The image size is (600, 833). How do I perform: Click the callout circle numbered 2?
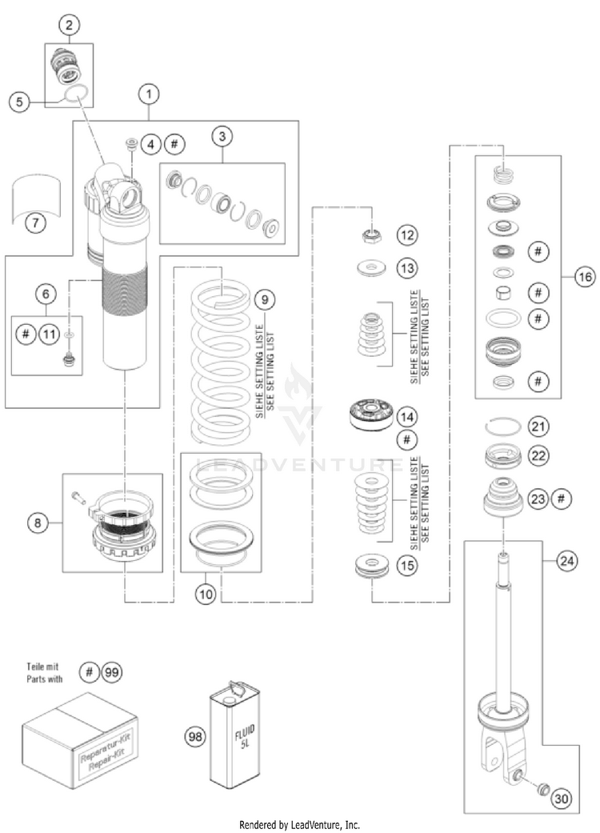69,25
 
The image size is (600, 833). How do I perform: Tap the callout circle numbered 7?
36,222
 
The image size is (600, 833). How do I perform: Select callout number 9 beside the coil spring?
265,299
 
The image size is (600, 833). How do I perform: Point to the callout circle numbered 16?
585,277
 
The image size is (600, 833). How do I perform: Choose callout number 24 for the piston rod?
567,560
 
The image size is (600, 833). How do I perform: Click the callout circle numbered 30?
562,799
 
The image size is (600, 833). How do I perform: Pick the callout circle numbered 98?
195,736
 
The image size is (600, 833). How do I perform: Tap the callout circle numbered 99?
111,673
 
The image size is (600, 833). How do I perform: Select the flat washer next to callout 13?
371,267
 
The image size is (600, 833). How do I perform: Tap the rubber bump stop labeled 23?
502,497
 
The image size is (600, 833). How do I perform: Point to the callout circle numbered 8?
38,523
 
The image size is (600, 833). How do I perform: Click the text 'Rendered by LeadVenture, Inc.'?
299,825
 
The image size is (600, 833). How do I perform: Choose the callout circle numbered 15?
407,565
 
